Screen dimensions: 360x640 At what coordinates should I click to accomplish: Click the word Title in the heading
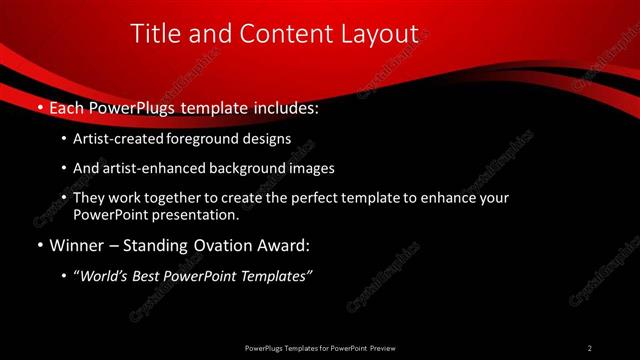point(153,34)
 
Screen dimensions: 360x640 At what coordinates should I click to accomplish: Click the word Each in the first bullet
point(66,105)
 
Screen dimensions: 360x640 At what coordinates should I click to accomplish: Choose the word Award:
point(285,245)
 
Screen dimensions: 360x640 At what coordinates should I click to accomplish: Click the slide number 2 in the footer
point(590,348)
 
